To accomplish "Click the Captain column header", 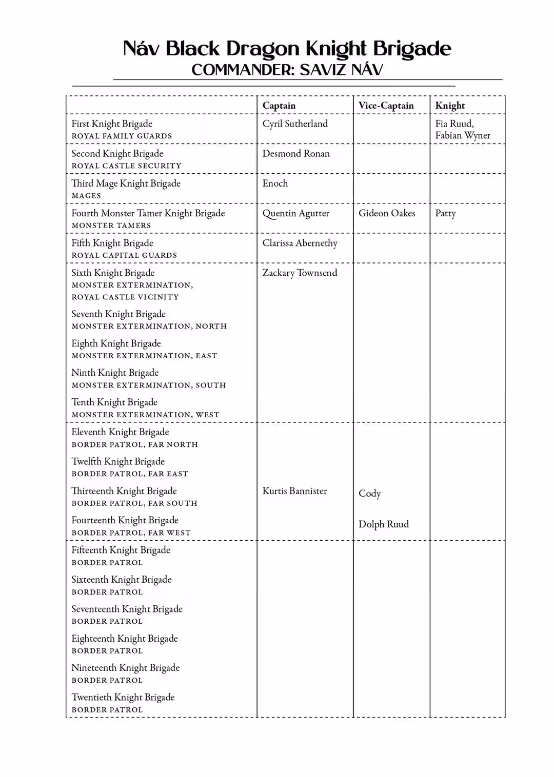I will pos(279,106).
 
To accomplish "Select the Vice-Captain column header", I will pos(386,106).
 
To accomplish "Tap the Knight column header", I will pos(450,106).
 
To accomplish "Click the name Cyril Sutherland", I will pos(295,124).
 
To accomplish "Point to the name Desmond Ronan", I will pos(296,153).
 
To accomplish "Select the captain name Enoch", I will pos(275,183).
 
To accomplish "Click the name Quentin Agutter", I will pos(296,213).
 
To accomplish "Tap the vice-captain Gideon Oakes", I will pos(387,213).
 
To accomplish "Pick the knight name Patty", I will pos(445,213).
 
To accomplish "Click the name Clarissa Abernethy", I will pos(300,243).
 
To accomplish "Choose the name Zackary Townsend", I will pos(300,273).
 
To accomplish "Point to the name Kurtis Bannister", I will pos(294,491).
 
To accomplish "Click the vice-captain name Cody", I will pos(369,494).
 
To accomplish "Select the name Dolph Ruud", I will pos(384,524).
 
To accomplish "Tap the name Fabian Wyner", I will pos(463,135).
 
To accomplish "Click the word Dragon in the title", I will pos(263,49).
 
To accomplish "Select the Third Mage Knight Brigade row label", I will pos(126,183).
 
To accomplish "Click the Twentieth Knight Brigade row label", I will pos(123,697).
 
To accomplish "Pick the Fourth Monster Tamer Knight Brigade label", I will pos(148,213).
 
